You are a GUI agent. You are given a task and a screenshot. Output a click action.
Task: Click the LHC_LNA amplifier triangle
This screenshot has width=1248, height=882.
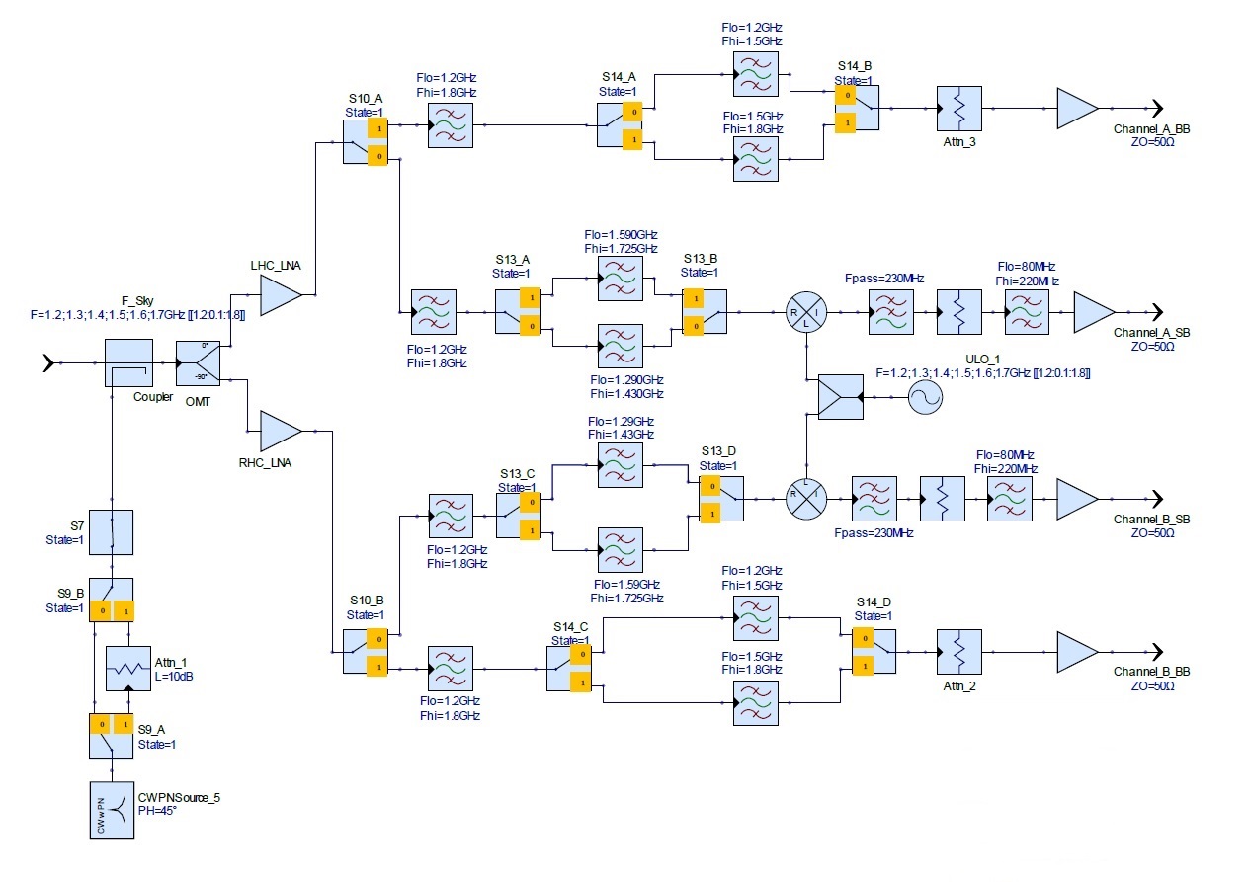(281, 295)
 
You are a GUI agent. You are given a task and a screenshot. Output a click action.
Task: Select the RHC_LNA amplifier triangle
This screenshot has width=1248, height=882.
(281, 431)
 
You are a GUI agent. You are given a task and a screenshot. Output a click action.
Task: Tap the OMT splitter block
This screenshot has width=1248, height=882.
(198, 363)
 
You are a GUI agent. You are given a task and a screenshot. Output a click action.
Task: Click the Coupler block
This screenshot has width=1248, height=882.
(128, 363)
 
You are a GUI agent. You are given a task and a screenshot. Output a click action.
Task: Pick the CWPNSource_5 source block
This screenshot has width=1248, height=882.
(112, 810)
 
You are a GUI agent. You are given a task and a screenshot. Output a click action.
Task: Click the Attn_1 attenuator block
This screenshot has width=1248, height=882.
(128, 669)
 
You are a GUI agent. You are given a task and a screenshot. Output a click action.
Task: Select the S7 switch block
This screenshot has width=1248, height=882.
(112, 532)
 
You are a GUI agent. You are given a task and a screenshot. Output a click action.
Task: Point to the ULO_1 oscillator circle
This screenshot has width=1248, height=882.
(926, 398)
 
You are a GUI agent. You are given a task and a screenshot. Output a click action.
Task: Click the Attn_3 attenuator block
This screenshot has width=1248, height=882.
(959, 109)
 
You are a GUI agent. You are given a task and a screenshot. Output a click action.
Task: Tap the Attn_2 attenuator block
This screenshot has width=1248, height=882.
(959, 652)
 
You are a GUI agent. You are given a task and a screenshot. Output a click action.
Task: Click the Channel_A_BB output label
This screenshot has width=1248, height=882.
(1151, 129)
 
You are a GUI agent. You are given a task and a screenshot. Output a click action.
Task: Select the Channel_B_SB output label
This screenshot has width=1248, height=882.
(1151, 520)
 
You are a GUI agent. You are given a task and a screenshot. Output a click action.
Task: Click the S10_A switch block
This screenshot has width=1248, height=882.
(365, 142)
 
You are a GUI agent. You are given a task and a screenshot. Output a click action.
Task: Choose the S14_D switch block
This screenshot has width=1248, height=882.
(874, 652)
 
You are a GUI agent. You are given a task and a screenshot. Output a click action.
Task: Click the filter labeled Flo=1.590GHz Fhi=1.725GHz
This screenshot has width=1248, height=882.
(621, 279)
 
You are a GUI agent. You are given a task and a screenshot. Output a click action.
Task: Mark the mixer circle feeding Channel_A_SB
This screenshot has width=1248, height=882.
(806, 312)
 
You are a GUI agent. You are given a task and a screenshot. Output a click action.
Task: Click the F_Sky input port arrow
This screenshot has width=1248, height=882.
(49, 363)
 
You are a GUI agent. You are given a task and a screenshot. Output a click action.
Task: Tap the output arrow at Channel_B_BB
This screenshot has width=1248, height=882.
(1158, 652)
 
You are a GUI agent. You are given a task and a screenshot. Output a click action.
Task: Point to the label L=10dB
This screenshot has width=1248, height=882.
(174, 677)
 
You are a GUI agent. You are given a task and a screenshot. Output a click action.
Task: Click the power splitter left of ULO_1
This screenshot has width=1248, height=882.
(841, 398)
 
